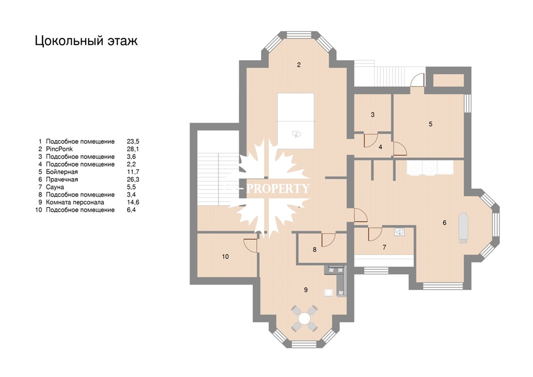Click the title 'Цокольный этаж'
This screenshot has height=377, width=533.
86,41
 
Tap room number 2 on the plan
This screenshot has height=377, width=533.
299,65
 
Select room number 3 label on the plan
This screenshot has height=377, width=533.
373,115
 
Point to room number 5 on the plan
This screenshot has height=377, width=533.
430,124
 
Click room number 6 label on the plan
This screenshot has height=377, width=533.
445,223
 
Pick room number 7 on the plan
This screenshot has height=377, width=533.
385,247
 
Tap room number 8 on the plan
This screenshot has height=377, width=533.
315,250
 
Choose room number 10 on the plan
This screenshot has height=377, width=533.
225,257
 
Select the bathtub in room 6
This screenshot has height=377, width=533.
463,228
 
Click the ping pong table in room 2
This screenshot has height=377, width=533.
295,121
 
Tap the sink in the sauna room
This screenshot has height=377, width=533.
400,232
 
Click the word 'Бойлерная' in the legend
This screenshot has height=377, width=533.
62,172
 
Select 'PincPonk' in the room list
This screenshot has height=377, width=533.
59,149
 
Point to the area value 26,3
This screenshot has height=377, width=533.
133,180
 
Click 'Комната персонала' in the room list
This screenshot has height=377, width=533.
75,203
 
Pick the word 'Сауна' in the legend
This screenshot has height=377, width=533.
54,187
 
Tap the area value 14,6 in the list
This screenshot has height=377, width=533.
133,203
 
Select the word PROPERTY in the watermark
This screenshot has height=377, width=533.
278,188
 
